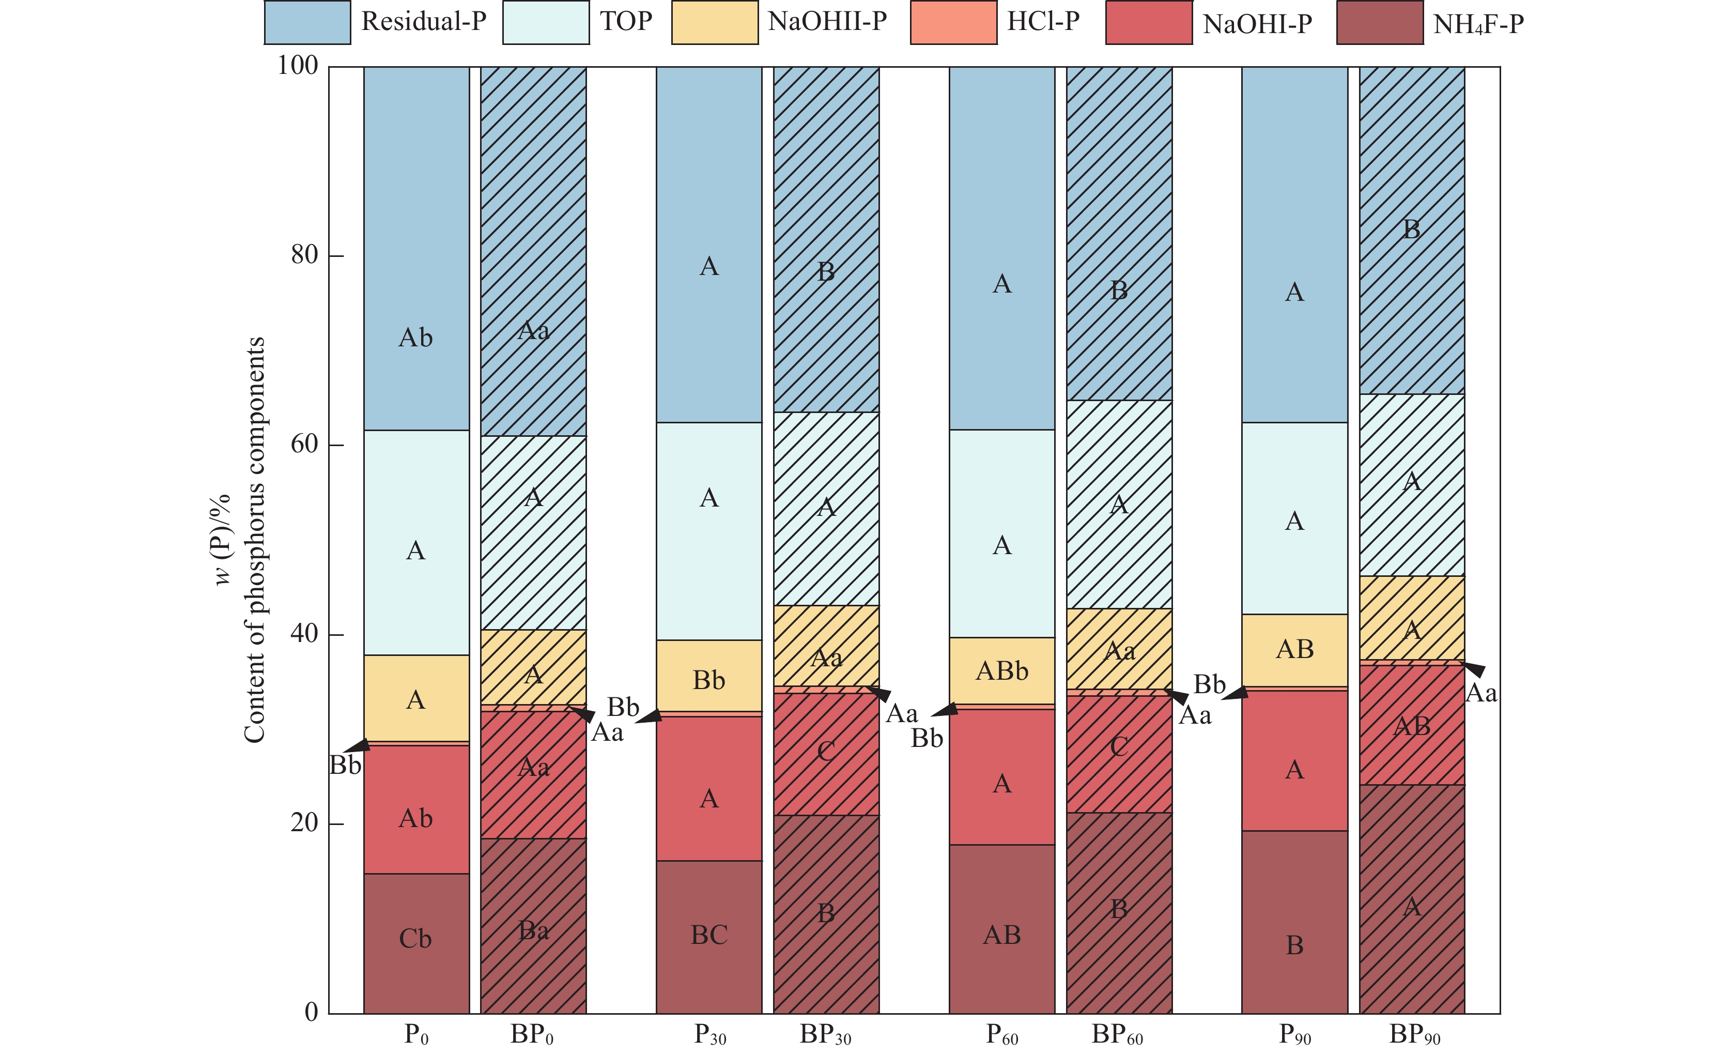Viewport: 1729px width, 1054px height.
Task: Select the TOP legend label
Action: [626, 21]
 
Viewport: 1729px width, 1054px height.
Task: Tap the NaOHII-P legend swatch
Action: [714, 22]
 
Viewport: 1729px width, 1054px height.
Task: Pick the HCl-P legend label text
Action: [1043, 21]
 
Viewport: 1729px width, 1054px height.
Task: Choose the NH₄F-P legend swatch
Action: [1380, 22]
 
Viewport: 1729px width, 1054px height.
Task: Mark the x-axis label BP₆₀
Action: [1117, 1035]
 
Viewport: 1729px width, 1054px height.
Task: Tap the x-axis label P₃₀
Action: [709, 1035]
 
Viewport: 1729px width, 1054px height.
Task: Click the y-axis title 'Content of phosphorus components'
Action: [254, 540]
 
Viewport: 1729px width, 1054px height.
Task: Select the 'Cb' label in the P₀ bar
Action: [415, 939]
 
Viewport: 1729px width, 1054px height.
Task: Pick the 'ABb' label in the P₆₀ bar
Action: [1001, 671]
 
